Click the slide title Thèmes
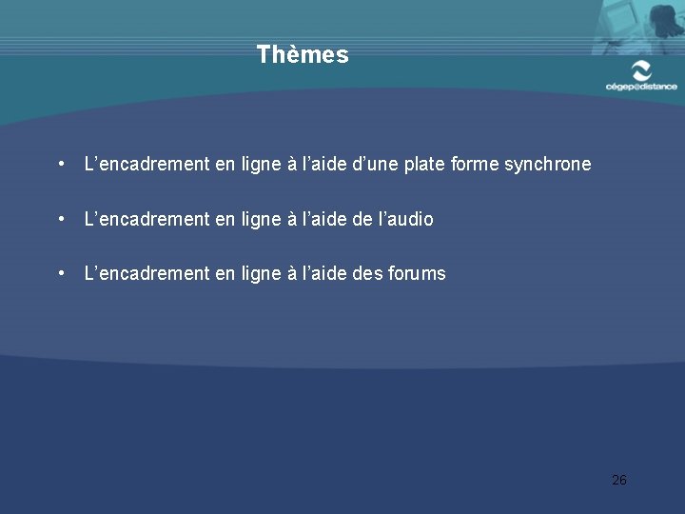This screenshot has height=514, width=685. pos(303,55)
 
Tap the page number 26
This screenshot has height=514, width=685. pos(619,480)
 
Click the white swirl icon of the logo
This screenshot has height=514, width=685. pos(642,69)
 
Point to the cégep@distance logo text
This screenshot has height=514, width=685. pos(641,87)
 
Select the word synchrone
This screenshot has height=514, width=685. pos(547,165)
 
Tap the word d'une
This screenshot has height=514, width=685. pos(372,165)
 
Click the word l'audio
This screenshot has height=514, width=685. pos(406,219)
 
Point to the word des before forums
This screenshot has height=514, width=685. pos(368,274)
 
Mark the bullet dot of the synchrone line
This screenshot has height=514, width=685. pos(61,164)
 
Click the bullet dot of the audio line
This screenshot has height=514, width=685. pos(61,218)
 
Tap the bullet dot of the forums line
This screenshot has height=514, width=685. pos(61,273)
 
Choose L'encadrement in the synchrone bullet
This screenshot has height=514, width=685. pos(147,165)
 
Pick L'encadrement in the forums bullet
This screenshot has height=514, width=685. pos(147,274)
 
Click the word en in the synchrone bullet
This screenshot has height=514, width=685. pos(225,165)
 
